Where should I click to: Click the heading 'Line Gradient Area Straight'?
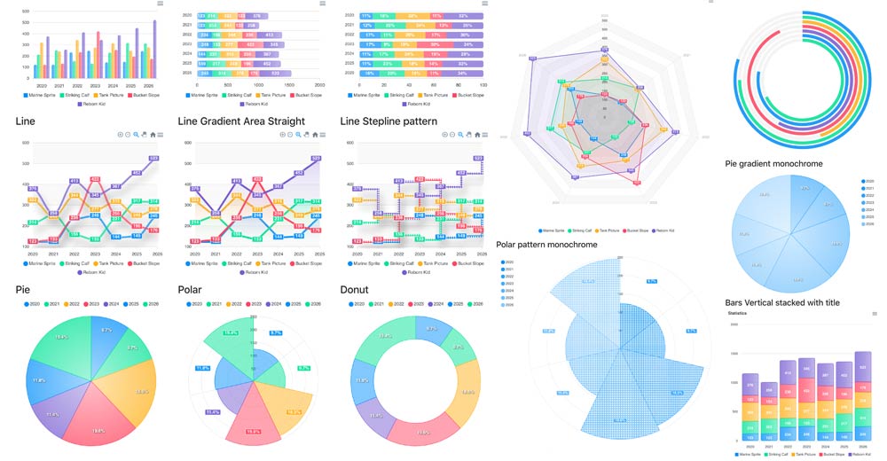click(x=241, y=121)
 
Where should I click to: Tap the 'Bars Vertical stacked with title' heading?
click(x=781, y=302)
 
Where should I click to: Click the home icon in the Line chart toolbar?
click(x=153, y=135)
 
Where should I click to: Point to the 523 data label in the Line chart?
click(x=153, y=159)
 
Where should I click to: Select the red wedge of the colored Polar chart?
click(x=252, y=421)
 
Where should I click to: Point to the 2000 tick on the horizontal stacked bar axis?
click(x=319, y=85)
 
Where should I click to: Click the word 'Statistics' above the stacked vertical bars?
click(x=738, y=314)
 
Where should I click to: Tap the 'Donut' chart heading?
click(x=356, y=289)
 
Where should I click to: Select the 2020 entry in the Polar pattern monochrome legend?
click(x=508, y=262)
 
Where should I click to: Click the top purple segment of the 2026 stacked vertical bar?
click(x=861, y=367)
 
